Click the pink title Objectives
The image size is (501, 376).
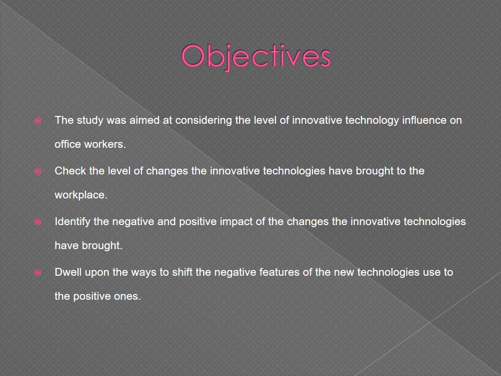pyautogui.click(x=256, y=57)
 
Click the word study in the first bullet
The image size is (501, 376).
pyautogui.click(x=90, y=121)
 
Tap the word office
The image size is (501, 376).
pyautogui.click(x=68, y=144)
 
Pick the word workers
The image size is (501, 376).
pyautogui.click(x=105, y=144)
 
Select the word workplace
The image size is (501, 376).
pyautogui.click(x=81, y=195)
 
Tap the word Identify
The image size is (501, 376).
pyautogui.click(x=73, y=222)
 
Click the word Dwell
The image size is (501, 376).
pyautogui.click(x=68, y=272)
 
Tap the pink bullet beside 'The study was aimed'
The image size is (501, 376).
pyautogui.click(x=38, y=121)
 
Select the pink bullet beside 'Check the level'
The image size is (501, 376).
pyautogui.click(x=38, y=171)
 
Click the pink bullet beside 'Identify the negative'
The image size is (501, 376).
pyautogui.click(x=38, y=222)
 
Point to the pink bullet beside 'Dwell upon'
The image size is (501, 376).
pyautogui.click(x=38, y=273)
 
